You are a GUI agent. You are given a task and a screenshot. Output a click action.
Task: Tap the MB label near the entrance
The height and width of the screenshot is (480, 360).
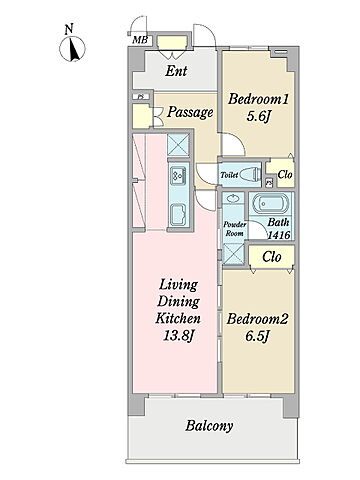140,40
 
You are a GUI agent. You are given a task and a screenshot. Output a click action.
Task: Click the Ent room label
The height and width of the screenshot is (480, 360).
176,71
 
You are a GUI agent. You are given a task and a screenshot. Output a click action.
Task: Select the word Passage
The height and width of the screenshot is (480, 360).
190,112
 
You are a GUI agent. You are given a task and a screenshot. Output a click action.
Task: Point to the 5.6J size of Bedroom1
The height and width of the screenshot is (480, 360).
258,116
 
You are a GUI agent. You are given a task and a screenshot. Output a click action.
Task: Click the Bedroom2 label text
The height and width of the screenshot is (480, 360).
257,319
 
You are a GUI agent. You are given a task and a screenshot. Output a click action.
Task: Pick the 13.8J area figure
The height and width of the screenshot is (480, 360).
178,336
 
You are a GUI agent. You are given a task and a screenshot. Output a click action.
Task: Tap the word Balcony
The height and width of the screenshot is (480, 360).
209,426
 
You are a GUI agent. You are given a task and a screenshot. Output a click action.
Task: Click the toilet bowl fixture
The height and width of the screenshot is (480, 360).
251,174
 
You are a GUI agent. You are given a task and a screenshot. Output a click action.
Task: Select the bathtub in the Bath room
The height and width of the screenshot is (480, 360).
270,203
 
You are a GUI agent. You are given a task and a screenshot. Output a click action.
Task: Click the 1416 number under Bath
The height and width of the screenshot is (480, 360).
279,235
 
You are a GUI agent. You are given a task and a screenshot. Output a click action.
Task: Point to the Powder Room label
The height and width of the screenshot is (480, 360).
234,229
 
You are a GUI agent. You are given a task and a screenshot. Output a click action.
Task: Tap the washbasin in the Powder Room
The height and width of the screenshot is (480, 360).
232,199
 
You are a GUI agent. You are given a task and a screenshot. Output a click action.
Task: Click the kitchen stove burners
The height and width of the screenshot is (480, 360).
178,174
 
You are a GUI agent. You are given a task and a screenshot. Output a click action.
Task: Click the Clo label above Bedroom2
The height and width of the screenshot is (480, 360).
272,257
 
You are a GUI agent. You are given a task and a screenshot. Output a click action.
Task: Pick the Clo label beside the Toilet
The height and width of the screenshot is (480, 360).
285,174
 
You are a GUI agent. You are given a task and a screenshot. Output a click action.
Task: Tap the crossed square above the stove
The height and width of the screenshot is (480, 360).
178,145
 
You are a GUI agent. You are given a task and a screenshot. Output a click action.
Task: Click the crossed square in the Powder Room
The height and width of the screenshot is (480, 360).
233,254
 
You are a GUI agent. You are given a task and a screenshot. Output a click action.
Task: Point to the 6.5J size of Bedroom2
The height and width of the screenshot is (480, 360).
257,336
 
